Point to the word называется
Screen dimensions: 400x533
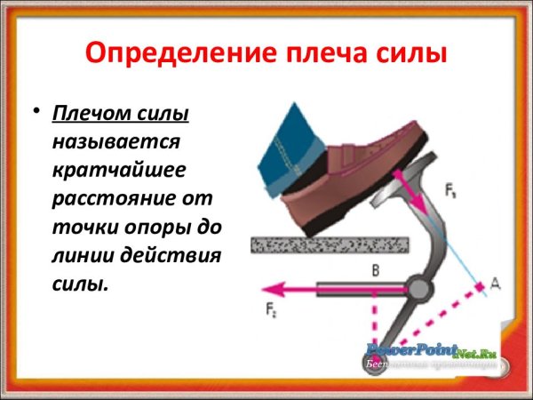tap(116, 143)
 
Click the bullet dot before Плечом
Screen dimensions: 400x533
tap(36, 113)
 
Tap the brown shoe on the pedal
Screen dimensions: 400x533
tap(355, 169)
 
